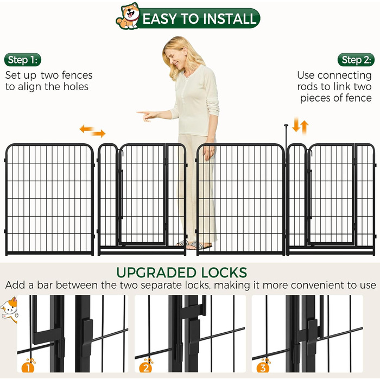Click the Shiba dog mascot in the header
[128, 16]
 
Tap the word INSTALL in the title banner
[229, 18]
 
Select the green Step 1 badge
[23, 60]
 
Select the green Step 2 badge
[356, 60]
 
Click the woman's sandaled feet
[194, 245]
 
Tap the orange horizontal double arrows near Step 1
[93, 131]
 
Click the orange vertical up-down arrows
[300, 126]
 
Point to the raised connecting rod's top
[286, 125]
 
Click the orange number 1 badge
[28, 366]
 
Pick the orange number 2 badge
[145, 366]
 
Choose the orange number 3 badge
[263, 366]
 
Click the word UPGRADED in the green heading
[156, 273]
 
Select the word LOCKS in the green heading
[224, 273]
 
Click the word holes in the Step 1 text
[76, 86]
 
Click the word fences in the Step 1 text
[77, 75]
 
